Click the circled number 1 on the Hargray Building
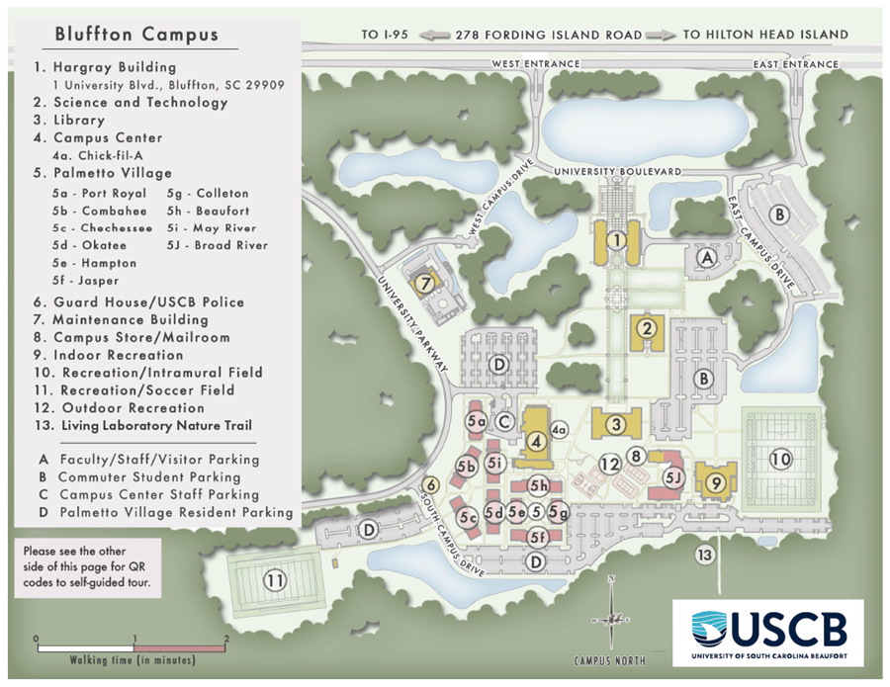[616, 239]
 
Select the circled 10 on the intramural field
[781, 459]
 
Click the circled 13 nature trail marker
[705, 555]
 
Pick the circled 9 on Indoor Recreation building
[718, 482]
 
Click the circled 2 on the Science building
[649, 329]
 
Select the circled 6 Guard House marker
[430, 485]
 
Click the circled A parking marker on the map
[706, 257]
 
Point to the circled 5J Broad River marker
[674, 478]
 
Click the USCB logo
[767, 632]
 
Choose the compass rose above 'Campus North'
[612, 613]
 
